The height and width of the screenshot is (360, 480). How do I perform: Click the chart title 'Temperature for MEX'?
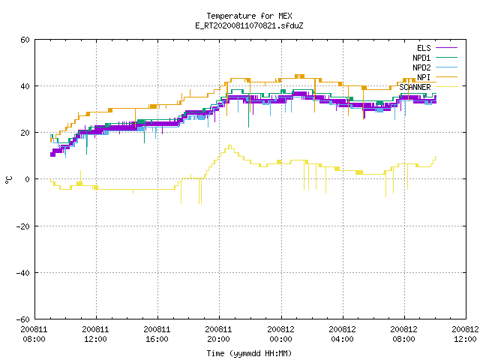249,16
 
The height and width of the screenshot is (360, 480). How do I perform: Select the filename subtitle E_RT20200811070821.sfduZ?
249,25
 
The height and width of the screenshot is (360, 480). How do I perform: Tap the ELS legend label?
424,48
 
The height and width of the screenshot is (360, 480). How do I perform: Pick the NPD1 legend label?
421,58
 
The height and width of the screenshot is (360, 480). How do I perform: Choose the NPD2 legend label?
421,67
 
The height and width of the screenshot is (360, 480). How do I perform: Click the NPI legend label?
424,77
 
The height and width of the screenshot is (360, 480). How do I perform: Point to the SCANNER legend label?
415,87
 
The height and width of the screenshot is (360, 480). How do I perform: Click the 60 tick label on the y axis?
25,40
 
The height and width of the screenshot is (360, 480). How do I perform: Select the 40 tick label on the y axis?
25,86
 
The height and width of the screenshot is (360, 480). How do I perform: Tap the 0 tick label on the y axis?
27,179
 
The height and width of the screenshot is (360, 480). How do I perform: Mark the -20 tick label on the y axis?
23,226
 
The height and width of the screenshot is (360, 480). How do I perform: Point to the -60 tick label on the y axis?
23,319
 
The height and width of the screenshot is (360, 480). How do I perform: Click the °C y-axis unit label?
8,180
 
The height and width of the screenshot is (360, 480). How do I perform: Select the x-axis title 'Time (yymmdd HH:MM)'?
249,353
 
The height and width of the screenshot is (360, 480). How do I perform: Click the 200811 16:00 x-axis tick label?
157,334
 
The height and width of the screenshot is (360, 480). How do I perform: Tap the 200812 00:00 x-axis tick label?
280,334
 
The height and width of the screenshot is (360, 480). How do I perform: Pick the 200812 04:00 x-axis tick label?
342,334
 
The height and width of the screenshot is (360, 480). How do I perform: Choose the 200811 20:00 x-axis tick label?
218,334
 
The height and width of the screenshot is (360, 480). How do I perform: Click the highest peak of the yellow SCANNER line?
229,145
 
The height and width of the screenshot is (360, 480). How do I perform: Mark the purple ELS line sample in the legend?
446,48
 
